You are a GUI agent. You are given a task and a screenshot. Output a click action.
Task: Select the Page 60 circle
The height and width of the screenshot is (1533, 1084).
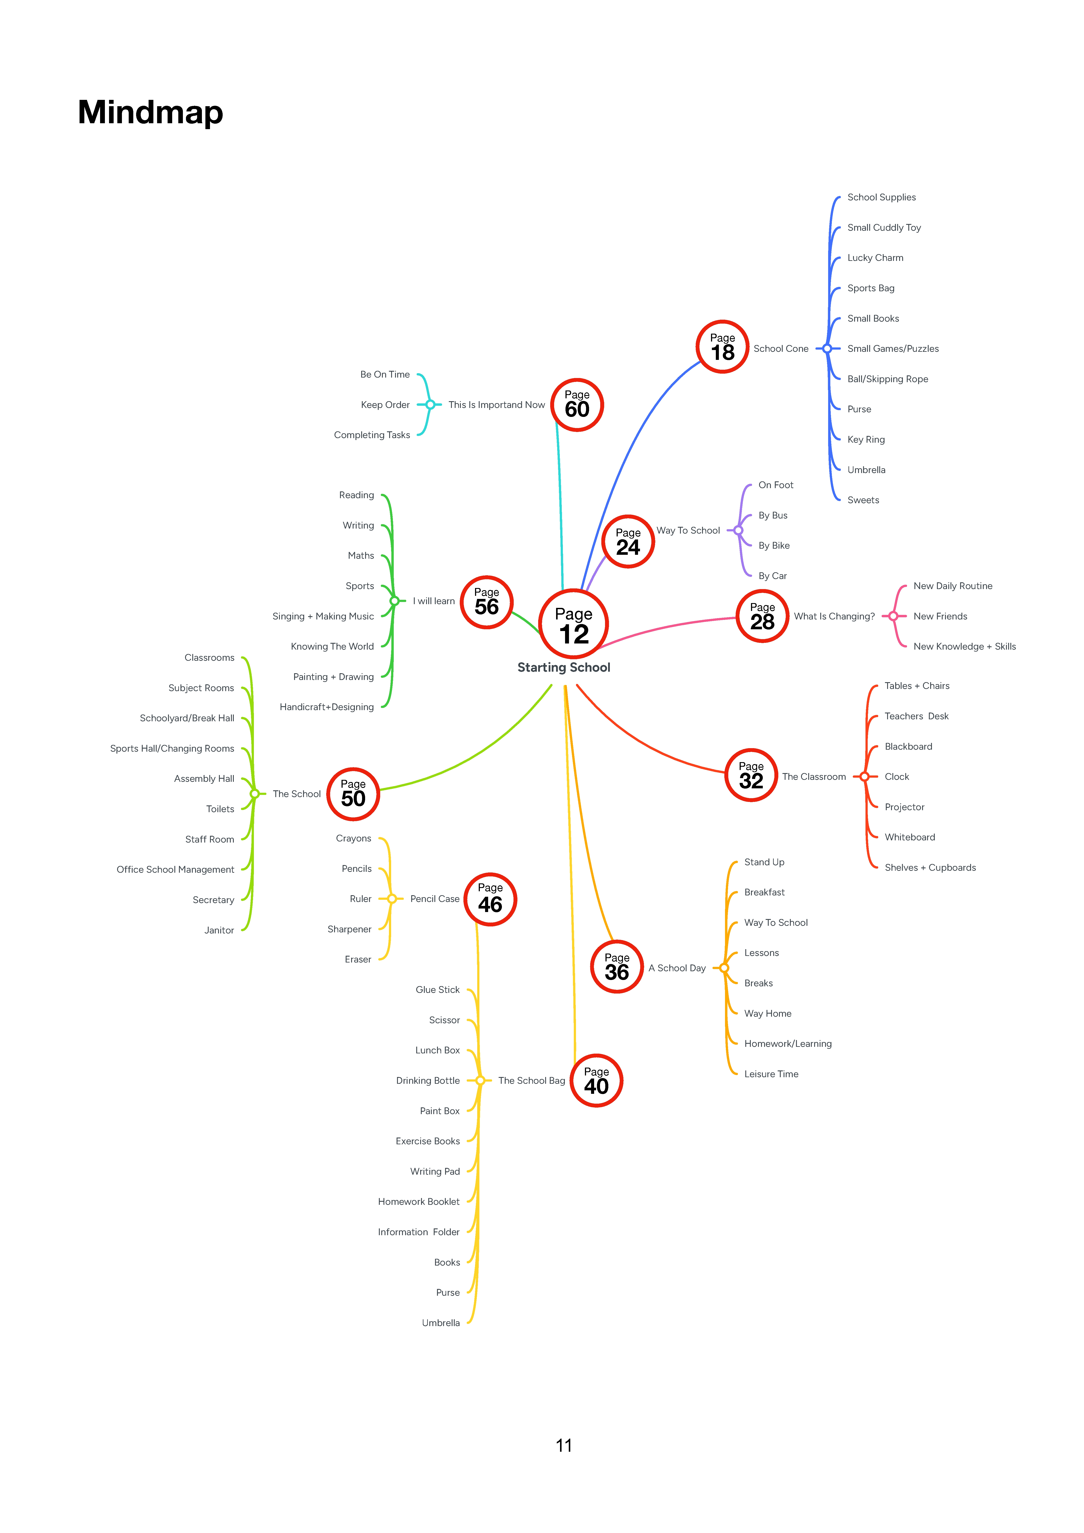[577, 405]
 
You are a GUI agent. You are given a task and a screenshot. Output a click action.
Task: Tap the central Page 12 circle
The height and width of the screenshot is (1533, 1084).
[574, 624]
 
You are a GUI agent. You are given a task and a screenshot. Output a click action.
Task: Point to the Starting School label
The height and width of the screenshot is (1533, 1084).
[564, 667]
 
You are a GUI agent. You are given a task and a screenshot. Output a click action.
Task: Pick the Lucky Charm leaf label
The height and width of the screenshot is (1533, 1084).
[875, 258]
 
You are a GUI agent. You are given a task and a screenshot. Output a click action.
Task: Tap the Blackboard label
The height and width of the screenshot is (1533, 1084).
[908, 746]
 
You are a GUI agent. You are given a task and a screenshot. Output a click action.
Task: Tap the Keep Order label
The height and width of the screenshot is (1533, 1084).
[385, 405]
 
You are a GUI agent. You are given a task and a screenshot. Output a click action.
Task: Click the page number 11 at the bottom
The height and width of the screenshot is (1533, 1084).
[564, 1446]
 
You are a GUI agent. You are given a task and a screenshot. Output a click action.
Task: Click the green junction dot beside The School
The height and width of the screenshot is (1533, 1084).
[255, 794]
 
